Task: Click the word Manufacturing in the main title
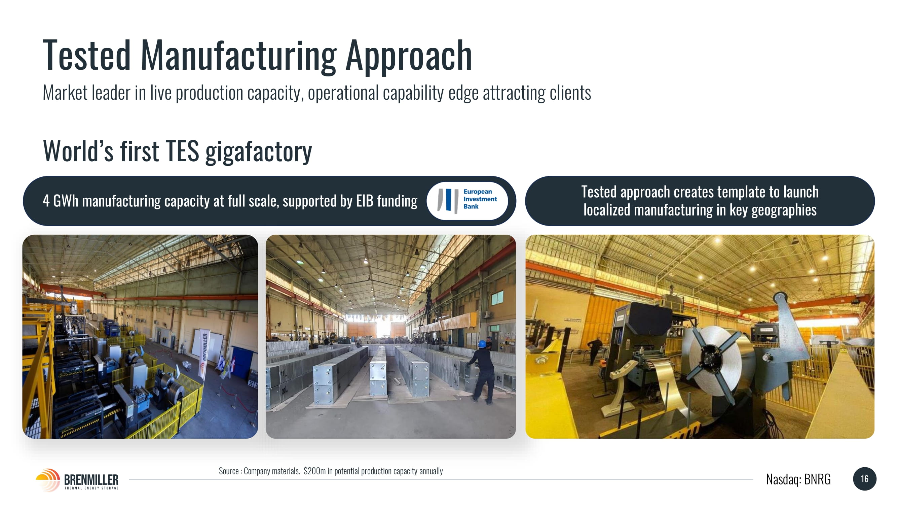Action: pyautogui.click(x=238, y=56)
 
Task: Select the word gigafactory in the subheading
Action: pyautogui.click(x=259, y=151)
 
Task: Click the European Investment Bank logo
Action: pyautogui.click(x=467, y=201)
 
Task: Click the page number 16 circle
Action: pyautogui.click(x=865, y=479)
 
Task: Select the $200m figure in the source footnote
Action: pyautogui.click(x=314, y=471)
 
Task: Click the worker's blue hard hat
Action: pyautogui.click(x=482, y=344)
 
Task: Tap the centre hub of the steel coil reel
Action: pyautogui.click(x=709, y=358)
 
